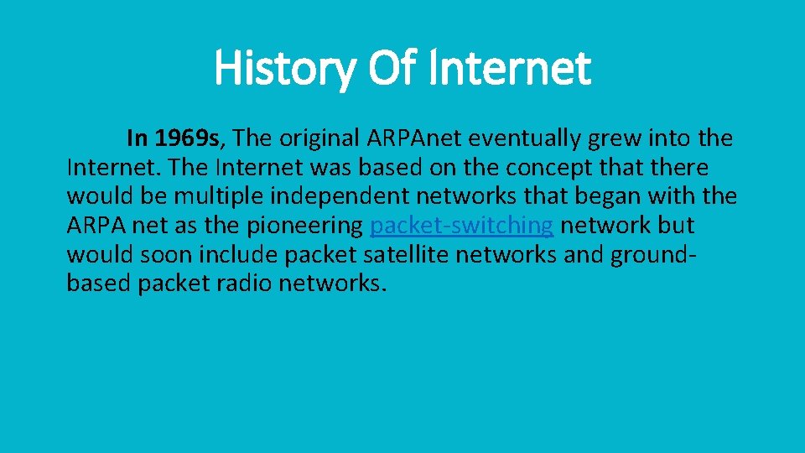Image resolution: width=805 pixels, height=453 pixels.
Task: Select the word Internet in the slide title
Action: click(x=509, y=69)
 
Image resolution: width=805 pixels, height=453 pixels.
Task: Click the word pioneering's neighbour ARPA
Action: click(x=94, y=226)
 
